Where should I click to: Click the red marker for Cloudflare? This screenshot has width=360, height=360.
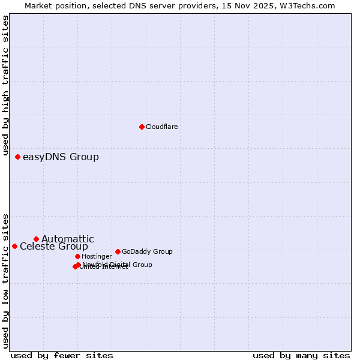point(142,127)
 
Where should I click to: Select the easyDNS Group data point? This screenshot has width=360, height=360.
point(17,157)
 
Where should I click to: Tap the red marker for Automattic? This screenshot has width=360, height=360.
point(36,239)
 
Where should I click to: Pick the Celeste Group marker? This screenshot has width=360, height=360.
point(14,246)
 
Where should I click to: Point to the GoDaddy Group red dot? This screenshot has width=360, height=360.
point(118,251)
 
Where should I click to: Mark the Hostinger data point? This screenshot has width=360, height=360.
point(77,256)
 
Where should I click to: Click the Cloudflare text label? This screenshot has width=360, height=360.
point(161,127)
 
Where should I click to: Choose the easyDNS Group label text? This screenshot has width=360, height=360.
point(61,157)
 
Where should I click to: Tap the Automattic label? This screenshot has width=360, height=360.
point(67,239)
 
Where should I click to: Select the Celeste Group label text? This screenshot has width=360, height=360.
point(53,247)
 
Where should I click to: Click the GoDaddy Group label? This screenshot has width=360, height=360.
point(147,252)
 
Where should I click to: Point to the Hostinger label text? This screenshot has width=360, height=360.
point(97,257)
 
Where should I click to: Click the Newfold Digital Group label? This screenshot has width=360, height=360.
point(117,265)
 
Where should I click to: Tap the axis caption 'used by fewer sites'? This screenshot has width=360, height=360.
point(62,355)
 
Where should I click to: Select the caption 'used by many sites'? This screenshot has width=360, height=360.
point(301,355)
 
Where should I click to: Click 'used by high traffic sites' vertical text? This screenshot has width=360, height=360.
point(6,82)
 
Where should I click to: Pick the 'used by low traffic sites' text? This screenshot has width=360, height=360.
point(6,280)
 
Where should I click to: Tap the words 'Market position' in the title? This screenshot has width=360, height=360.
point(52,5)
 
